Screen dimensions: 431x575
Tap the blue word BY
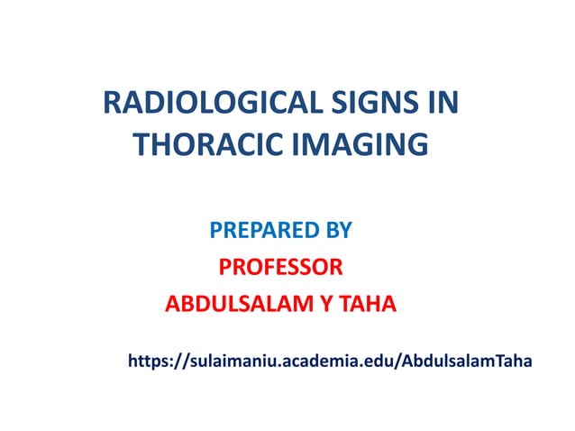coord(336,232)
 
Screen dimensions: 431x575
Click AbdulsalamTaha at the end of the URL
coord(467,361)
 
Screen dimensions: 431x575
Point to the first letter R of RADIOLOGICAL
coord(112,104)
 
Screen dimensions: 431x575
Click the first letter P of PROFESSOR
coord(226,268)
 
